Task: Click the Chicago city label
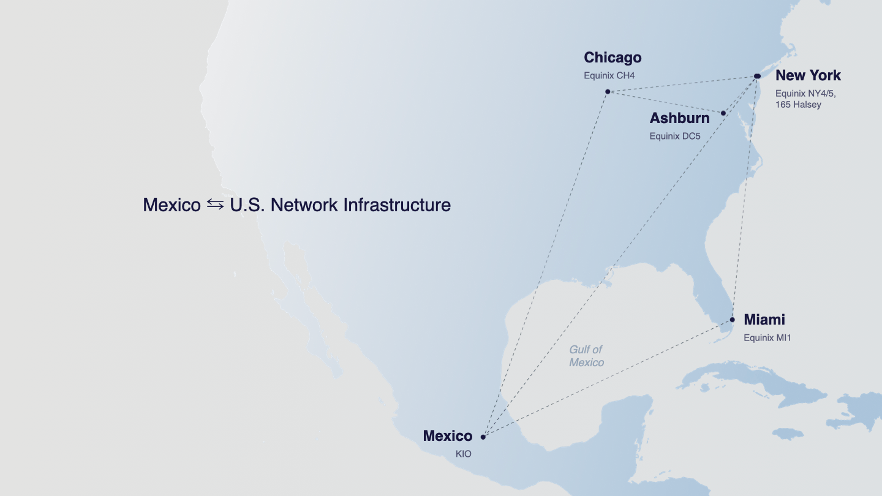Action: coord(612,58)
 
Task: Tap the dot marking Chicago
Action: coord(608,92)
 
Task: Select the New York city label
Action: coord(808,75)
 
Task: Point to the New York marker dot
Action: coord(757,76)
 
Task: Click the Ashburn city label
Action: coord(679,118)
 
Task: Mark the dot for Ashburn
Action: coord(723,113)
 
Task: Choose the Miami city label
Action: coord(764,320)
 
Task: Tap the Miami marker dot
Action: coord(733,320)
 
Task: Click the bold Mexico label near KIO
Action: coord(448,436)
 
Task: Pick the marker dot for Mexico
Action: coord(483,437)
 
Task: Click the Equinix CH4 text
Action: coord(609,76)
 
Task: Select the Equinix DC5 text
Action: coord(675,136)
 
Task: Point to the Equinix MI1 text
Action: coord(767,337)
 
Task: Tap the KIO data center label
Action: coord(464,454)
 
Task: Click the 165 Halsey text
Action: coord(798,105)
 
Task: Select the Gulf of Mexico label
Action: coord(586,356)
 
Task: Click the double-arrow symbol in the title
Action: coord(215,205)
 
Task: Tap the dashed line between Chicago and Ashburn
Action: coord(665,102)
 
